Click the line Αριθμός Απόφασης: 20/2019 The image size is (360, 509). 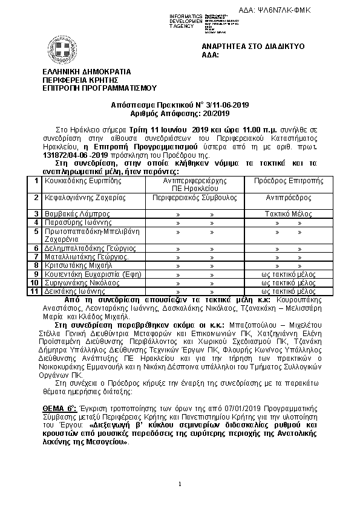(x=180, y=113)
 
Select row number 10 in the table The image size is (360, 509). (x=36, y=282)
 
